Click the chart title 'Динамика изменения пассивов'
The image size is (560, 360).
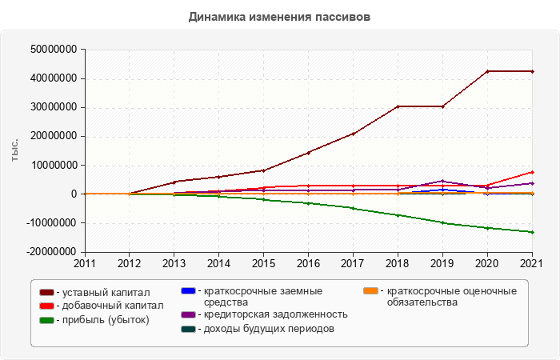(x=280, y=16)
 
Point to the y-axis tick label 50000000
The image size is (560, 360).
(x=53, y=50)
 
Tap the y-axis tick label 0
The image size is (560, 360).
(x=73, y=194)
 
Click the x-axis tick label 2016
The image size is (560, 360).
(x=308, y=262)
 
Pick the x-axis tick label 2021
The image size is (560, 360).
(x=532, y=262)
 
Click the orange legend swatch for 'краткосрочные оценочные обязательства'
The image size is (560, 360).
(x=370, y=291)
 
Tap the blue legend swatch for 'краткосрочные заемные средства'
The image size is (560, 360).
(x=189, y=291)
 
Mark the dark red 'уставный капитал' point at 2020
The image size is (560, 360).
(x=487, y=71)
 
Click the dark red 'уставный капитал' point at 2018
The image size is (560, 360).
(x=398, y=106)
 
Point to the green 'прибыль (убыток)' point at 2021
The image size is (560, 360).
(x=532, y=232)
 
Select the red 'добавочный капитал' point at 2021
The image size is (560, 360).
(x=532, y=172)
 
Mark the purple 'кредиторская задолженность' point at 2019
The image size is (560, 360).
(x=442, y=181)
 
